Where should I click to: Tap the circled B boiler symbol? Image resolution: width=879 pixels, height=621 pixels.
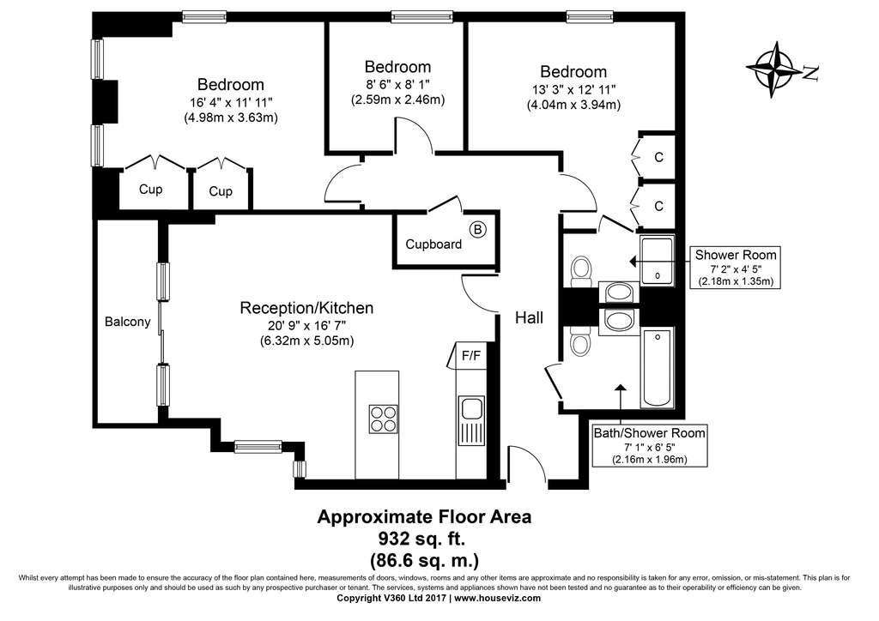coord(478,229)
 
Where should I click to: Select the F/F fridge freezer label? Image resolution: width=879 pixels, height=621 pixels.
coord(471,353)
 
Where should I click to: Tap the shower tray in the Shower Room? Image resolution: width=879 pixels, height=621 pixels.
coord(658,260)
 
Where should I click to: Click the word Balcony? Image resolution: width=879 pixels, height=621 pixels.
coord(127,323)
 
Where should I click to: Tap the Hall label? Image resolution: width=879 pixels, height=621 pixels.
coord(529,317)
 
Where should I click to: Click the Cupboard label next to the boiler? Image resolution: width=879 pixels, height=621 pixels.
coord(433,244)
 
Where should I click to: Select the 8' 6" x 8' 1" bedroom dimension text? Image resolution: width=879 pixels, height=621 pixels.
coord(397,84)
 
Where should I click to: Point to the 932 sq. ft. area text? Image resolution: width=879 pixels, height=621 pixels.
coord(425,540)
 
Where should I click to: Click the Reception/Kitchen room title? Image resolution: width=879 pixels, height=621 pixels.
coord(306,308)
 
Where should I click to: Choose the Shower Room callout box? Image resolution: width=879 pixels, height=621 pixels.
coord(736,268)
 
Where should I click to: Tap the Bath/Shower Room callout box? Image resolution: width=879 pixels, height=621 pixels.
coord(650,446)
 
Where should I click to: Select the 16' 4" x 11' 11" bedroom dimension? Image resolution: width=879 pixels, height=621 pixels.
coord(230,102)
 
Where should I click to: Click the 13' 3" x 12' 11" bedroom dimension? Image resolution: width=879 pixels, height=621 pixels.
coord(573,89)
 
